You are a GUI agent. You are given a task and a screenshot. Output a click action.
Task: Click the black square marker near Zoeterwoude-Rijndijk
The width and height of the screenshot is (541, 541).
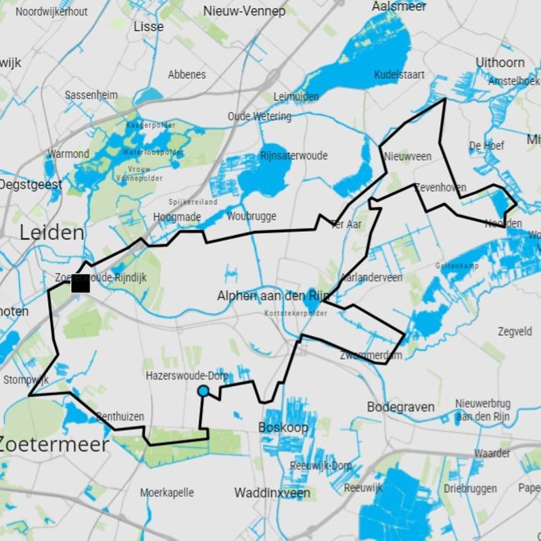pyautogui.click(x=80, y=284)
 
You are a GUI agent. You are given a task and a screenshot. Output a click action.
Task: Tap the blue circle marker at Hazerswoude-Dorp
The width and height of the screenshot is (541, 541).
pyautogui.click(x=203, y=391)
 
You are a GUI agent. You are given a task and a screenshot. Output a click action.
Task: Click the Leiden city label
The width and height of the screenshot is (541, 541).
pyautogui.click(x=52, y=233)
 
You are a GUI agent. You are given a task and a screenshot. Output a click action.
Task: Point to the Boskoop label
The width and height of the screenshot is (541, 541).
pyautogui.click(x=283, y=427)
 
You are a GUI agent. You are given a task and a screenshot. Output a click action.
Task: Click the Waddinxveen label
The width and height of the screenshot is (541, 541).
pyautogui.click(x=273, y=493)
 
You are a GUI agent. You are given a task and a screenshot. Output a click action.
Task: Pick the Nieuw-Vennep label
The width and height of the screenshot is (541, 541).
pyautogui.click(x=244, y=11)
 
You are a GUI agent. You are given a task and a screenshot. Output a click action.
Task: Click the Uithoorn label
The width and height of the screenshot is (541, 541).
pyautogui.click(x=500, y=62)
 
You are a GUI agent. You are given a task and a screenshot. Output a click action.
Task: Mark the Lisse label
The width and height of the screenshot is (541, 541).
pyautogui.click(x=149, y=26)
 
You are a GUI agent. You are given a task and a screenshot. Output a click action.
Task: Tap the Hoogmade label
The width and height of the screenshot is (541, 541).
pyautogui.click(x=177, y=216)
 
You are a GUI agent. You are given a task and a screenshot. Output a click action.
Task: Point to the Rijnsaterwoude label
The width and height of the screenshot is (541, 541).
pyautogui.click(x=293, y=156)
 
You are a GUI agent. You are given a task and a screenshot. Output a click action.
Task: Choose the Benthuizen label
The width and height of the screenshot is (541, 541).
pyautogui.click(x=120, y=417)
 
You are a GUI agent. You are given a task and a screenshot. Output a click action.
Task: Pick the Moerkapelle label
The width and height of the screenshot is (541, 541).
pyautogui.click(x=167, y=492)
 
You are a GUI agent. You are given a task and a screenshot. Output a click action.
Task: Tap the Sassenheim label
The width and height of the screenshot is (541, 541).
pyautogui.click(x=91, y=95)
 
